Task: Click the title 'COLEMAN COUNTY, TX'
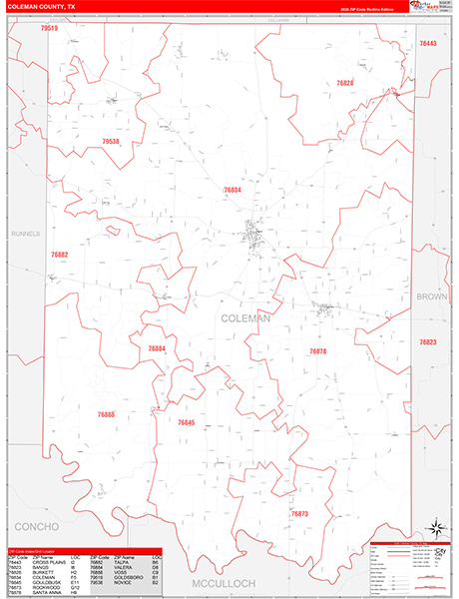tap(42, 7)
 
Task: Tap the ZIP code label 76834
tap(232, 190)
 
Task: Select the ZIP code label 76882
tap(60, 255)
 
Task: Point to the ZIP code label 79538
tap(111, 142)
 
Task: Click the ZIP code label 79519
tap(49, 29)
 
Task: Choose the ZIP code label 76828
tap(345, 83)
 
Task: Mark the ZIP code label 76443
tap(428, 44)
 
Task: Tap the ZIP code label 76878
tap(317, 351)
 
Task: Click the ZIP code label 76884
tap(157, 348)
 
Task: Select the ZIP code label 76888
tap(106, 414)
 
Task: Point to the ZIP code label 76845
tap(186, 423)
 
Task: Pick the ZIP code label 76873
tap(300, 513)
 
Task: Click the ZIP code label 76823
tap(428, 342)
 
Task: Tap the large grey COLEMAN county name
tap(244, 318)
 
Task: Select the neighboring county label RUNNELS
tap(25, 234)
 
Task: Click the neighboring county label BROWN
tap(432, 298)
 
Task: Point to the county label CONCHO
tap(37, 525)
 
